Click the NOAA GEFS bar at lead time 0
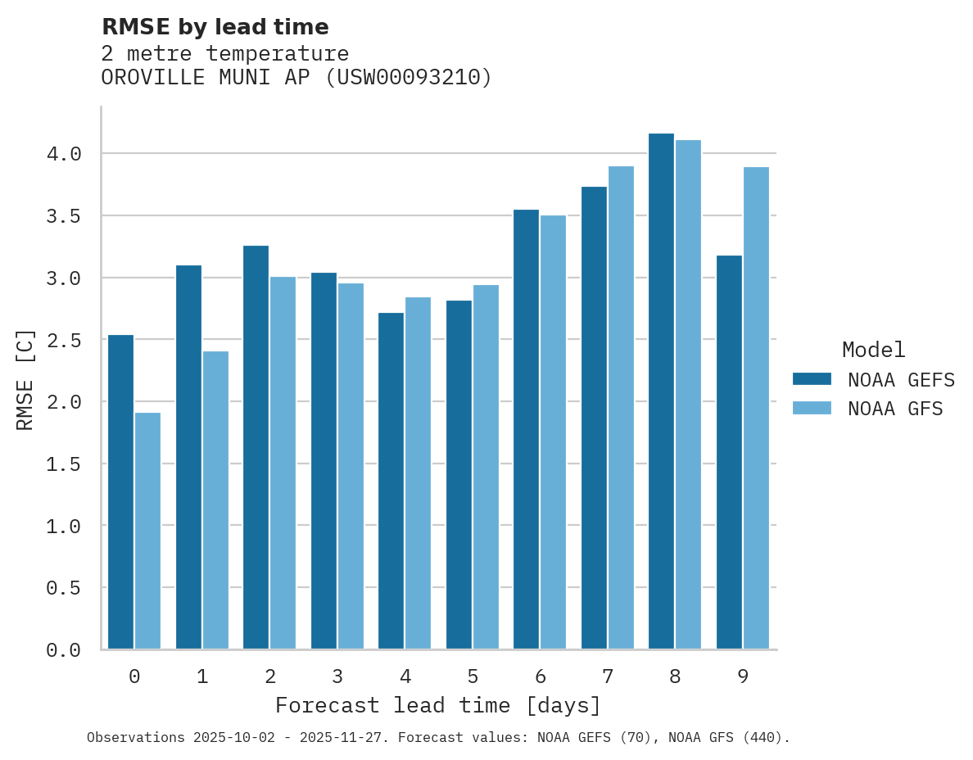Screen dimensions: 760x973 (120, 492)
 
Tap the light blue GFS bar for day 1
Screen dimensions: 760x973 (215, 500)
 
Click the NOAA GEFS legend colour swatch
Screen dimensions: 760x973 (812, 379)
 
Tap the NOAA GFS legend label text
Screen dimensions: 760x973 (895, 409)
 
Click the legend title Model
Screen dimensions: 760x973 (873, 350)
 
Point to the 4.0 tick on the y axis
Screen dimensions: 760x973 (64, 154)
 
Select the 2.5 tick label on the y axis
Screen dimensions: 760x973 (64, 340)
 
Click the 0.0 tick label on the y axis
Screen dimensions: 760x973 (64, 650)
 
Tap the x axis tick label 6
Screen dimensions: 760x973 (540, 676)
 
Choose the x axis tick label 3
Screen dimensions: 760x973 (337, 676)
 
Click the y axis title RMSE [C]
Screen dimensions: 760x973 (25, 379)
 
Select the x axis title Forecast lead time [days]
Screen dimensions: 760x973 (438, 705)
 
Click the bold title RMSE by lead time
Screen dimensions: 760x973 (215, 27)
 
